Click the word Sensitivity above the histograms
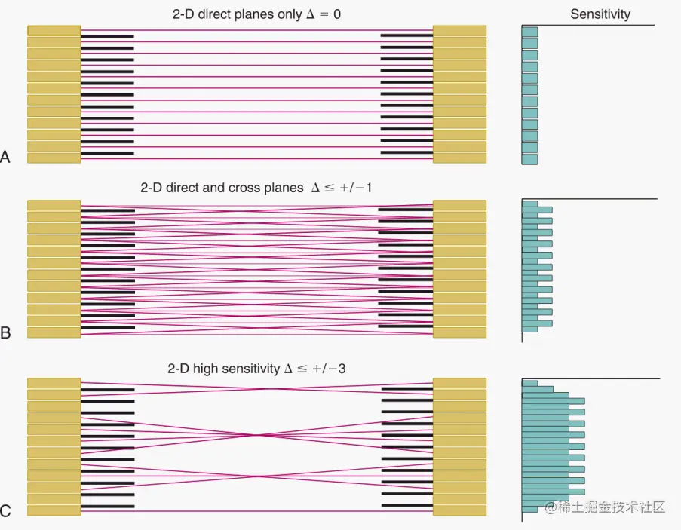tap(600, 14)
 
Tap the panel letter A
tap(6, 158)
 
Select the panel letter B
tap(6, 332)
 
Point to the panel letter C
tap(6, 512)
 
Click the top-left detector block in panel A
tap(54, 31)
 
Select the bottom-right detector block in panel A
tap(459, 158)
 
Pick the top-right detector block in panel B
tap(459, 205)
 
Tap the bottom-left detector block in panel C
tap(54, 510)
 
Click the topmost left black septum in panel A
tap(107, 36)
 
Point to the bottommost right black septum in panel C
tap(407, 505)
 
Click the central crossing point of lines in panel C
tap(258, 435)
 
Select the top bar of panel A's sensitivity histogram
tap(530, 32)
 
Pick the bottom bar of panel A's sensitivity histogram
tap(530, 160)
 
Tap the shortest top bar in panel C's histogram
tap(530, 384)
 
